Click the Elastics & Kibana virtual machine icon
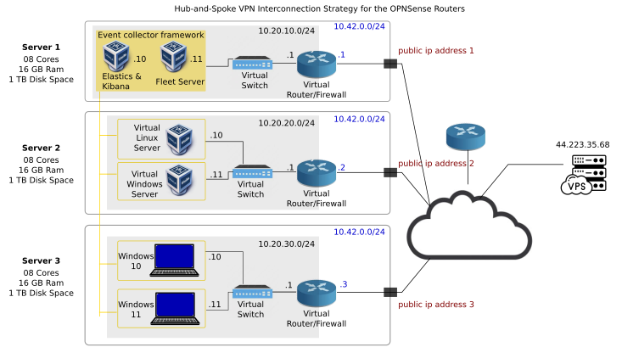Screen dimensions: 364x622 [115, 58]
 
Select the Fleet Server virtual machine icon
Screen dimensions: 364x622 [175, 58]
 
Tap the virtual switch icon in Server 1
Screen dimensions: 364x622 [252, 63]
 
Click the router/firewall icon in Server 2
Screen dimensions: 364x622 [317, 173]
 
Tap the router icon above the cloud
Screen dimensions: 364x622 [465, 136]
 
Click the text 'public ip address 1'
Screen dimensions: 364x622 [436, 51]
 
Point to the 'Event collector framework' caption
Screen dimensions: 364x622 [151, 35]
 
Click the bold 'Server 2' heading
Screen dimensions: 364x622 [41, 148]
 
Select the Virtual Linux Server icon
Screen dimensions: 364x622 [179, 137]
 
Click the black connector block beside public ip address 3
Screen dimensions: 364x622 [390, 292]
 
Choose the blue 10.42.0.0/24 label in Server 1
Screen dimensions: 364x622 [359, 26]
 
